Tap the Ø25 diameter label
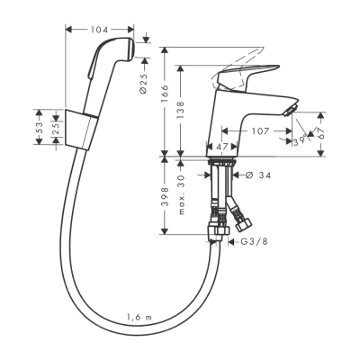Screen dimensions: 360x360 tap(146, 86)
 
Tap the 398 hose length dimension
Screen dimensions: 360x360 tap(165, 200)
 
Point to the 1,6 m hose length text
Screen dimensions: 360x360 tap(139, 316)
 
